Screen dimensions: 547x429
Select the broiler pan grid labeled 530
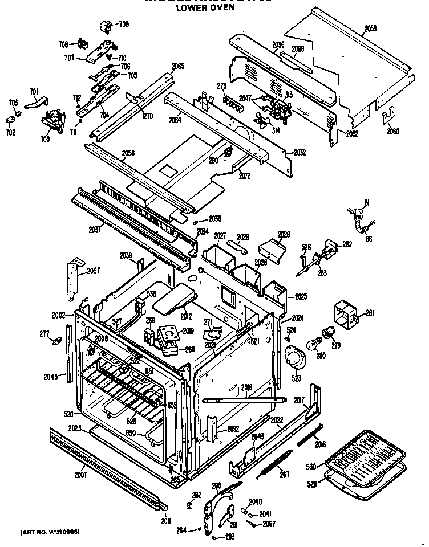click(366, 455)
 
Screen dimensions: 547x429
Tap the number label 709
click(123, 24)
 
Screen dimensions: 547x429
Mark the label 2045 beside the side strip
click(51, 376)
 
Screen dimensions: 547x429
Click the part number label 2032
click(300, 153)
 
